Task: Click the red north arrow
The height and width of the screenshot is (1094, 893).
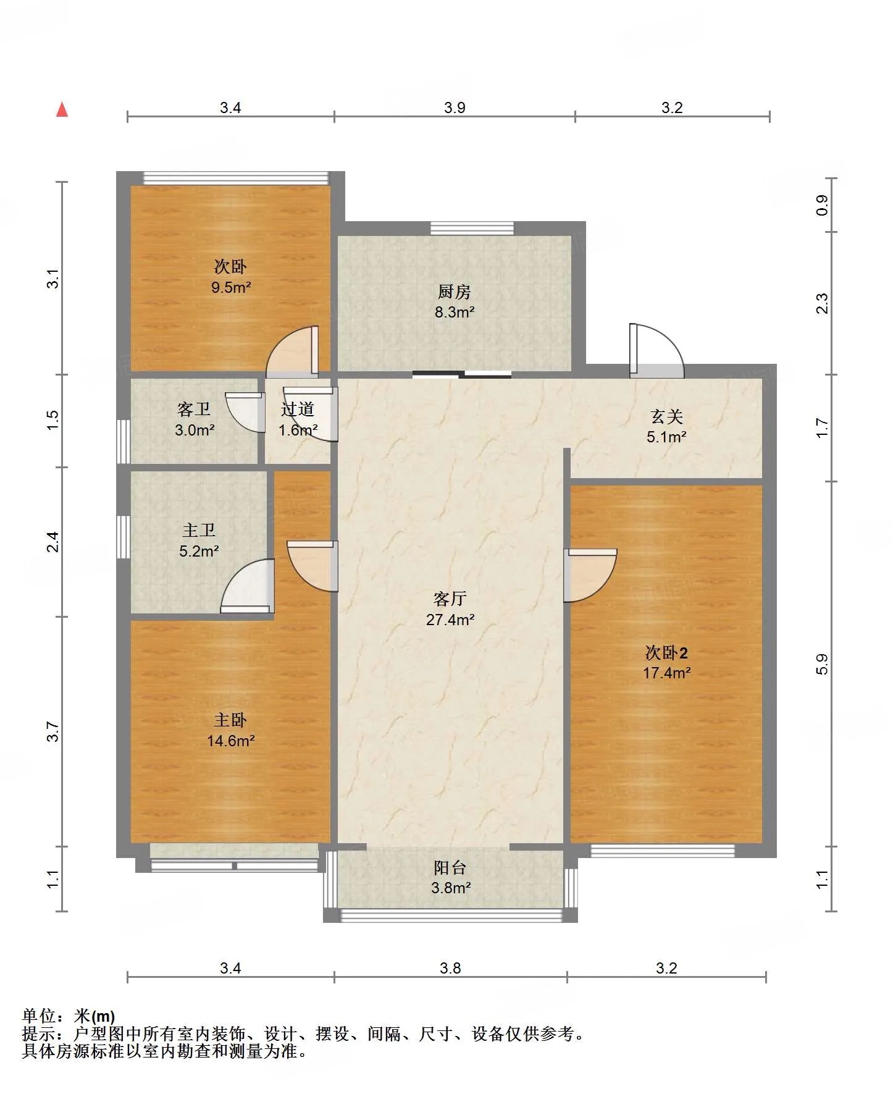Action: (x=62, y=109)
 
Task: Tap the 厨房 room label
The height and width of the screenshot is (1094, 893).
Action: (x=455, y=291)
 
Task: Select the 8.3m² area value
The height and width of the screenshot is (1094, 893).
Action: (x=455, y=312)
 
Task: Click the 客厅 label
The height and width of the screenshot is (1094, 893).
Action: (x=450, y=598)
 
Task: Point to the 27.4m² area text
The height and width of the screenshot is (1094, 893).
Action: (x=450, y=619)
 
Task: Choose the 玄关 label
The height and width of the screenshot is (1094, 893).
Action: (x=667, y=416)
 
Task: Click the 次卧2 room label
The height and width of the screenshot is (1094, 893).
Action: (x=666, y=652)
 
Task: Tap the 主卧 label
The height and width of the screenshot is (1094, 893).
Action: (x=230, y=720)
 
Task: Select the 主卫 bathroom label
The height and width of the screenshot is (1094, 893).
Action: (x=199, y=530)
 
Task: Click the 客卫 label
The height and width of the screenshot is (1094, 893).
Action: (x=194, y=409)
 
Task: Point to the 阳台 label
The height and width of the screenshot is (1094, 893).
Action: (x=450, y=867)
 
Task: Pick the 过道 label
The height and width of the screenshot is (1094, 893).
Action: (x=298, y=409)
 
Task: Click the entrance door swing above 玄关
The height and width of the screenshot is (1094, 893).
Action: (x=656, y=350)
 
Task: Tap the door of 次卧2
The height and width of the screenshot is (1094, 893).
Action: (x=590, y=575)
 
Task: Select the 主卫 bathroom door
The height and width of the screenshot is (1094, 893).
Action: (x=248, y=586)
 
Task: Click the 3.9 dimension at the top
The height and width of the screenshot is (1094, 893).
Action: (x=455, y=107)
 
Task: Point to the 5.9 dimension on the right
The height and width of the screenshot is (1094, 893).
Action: (x=822, y=664)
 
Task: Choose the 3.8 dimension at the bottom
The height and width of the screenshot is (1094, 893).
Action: (x=450, y=968)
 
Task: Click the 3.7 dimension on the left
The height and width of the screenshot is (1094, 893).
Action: (x=54, y=732)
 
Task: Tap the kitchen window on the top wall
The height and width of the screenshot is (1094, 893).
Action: (x=472, y=229)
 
